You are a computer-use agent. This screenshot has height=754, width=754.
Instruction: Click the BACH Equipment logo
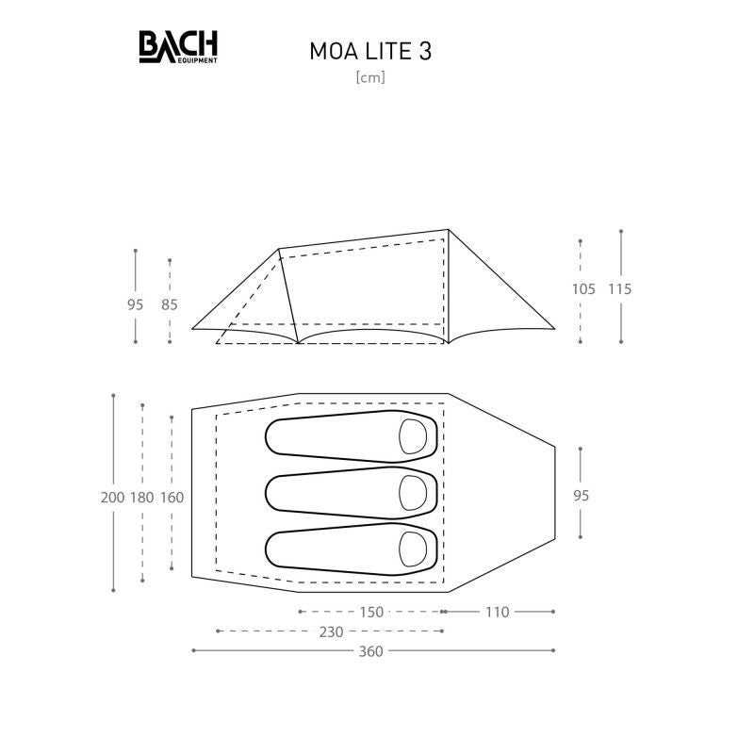178,46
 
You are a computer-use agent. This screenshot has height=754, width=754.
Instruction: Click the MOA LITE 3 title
370,52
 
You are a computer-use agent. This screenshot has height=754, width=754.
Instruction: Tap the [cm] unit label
370,77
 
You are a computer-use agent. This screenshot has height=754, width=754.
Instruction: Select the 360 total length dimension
370,651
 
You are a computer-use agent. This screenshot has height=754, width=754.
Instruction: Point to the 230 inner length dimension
332,631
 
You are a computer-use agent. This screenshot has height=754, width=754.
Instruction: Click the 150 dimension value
371,612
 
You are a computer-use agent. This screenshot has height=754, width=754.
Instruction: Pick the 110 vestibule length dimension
498,612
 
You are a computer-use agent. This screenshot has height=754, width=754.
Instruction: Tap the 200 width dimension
112,498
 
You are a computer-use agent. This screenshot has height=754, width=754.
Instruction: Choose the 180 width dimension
142,498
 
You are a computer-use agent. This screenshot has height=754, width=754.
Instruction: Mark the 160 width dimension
172,498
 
